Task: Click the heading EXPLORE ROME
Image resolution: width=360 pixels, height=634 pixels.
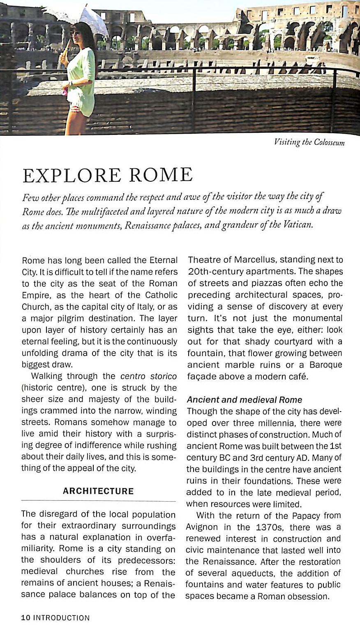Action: click(x=108, y=175)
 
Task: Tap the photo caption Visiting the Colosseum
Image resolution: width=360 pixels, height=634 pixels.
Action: click(x=309, y=143)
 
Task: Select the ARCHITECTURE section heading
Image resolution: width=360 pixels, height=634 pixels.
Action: click(x=98, y=491)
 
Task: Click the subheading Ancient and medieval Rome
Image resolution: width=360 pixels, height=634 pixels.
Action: click(x=245, y=400)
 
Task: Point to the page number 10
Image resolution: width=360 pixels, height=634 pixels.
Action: click(x=25, y=618)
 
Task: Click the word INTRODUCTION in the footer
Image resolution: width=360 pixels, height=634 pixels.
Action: click(x=61, y=618)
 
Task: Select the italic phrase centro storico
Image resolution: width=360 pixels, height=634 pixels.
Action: click(x=148, y=376)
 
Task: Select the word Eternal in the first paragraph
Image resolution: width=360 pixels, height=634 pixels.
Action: click(x=163, y=260)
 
